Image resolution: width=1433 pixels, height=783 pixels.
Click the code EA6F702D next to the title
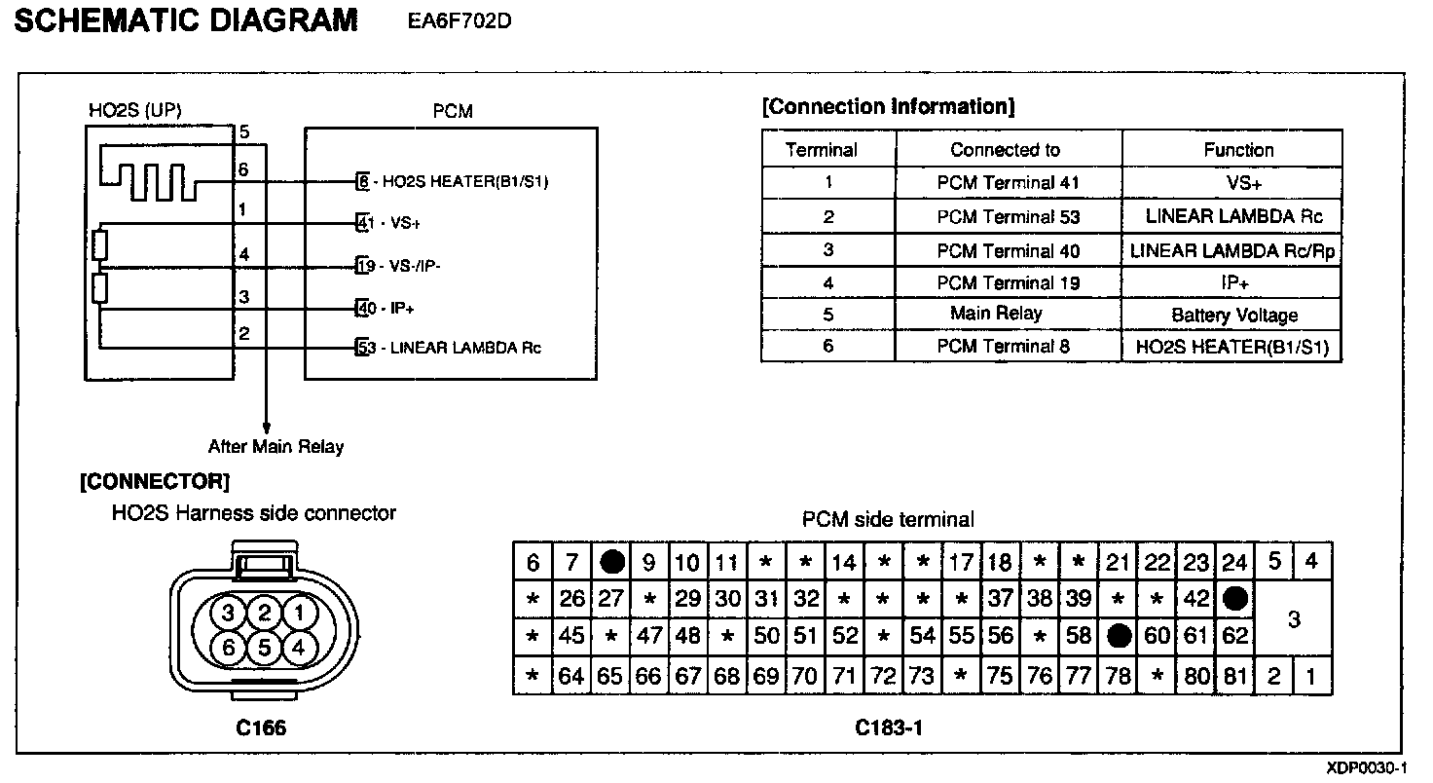pyautogui.click(x=459, y=21)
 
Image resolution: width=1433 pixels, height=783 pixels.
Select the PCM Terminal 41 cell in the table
pyautogui.click(x=1008, y=183)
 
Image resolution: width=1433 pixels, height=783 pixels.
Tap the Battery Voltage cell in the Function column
pyautogui.click(x=1234, y=316)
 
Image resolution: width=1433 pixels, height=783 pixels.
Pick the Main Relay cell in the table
pyautogui.click(x=996, y=314)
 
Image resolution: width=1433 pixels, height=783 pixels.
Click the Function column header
pyautogui.click(x=1237, y=150)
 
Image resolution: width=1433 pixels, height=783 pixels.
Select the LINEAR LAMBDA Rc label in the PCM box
pyautogui.click(x=464, y=348)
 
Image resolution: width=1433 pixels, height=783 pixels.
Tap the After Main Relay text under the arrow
pyautogui.click(x=276, y=447)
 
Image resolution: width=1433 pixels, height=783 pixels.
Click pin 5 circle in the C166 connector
pyautogui.click(x=263, y=646)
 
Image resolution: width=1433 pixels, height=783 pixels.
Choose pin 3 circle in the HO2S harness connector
pyautogui.click(x=229, y=614)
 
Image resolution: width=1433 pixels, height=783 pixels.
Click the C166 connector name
pyautogui.click(x=262, y=727)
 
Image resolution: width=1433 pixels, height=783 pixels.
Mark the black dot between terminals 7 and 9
pyautogui.click(x=611, y=562)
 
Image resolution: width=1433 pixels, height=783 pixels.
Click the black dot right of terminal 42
pyautogui.click(x=1235, y=599)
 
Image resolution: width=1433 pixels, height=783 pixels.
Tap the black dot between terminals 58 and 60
pyautogui.click(x=1119, y=637)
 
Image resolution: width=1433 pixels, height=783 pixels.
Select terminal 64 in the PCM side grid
pyautogui.click(x=571, y=676)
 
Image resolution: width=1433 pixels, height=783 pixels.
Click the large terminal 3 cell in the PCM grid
pyautogui.click(x=1293, y=618)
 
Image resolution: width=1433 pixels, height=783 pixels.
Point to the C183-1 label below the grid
pyautogui.click(x=888, y=727)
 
